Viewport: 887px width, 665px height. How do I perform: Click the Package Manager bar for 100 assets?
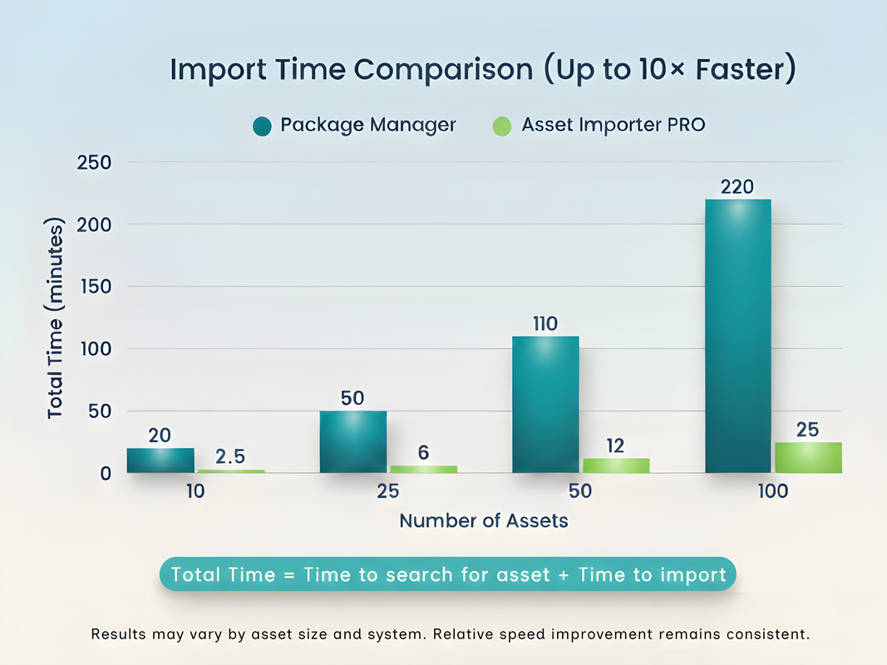pos(737,336)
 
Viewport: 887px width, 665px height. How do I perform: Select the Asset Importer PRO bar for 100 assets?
pos(807,457)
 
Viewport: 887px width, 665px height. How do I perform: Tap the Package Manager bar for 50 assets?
pos(545,404)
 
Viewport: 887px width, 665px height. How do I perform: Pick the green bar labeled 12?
pos(615,465)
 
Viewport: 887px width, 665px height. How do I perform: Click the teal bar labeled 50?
pos(352,441)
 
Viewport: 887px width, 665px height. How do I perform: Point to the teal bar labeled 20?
pos(160,461)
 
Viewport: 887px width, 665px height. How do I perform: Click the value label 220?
pos(737,187)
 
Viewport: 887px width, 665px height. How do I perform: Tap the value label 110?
pos(545,323)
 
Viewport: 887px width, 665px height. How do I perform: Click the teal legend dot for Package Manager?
pos(263,126)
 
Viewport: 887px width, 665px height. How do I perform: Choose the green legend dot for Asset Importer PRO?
pos(502,126)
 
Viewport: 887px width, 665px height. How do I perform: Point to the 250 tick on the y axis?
pos(94,162)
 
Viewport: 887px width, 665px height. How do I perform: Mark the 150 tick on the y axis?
pos(94,287)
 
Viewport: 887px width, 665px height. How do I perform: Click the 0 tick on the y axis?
pos(106,473)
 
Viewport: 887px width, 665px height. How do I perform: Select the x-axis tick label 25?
pos(387,491)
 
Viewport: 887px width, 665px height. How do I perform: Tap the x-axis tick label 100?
pos(772,491)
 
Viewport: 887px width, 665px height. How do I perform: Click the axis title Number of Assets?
pos(484,521)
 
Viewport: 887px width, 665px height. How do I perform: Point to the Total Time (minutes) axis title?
pos(55,318)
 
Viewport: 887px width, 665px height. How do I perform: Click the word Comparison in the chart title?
pos(444,70)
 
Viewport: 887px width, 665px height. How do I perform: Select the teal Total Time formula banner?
pos(448,574)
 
